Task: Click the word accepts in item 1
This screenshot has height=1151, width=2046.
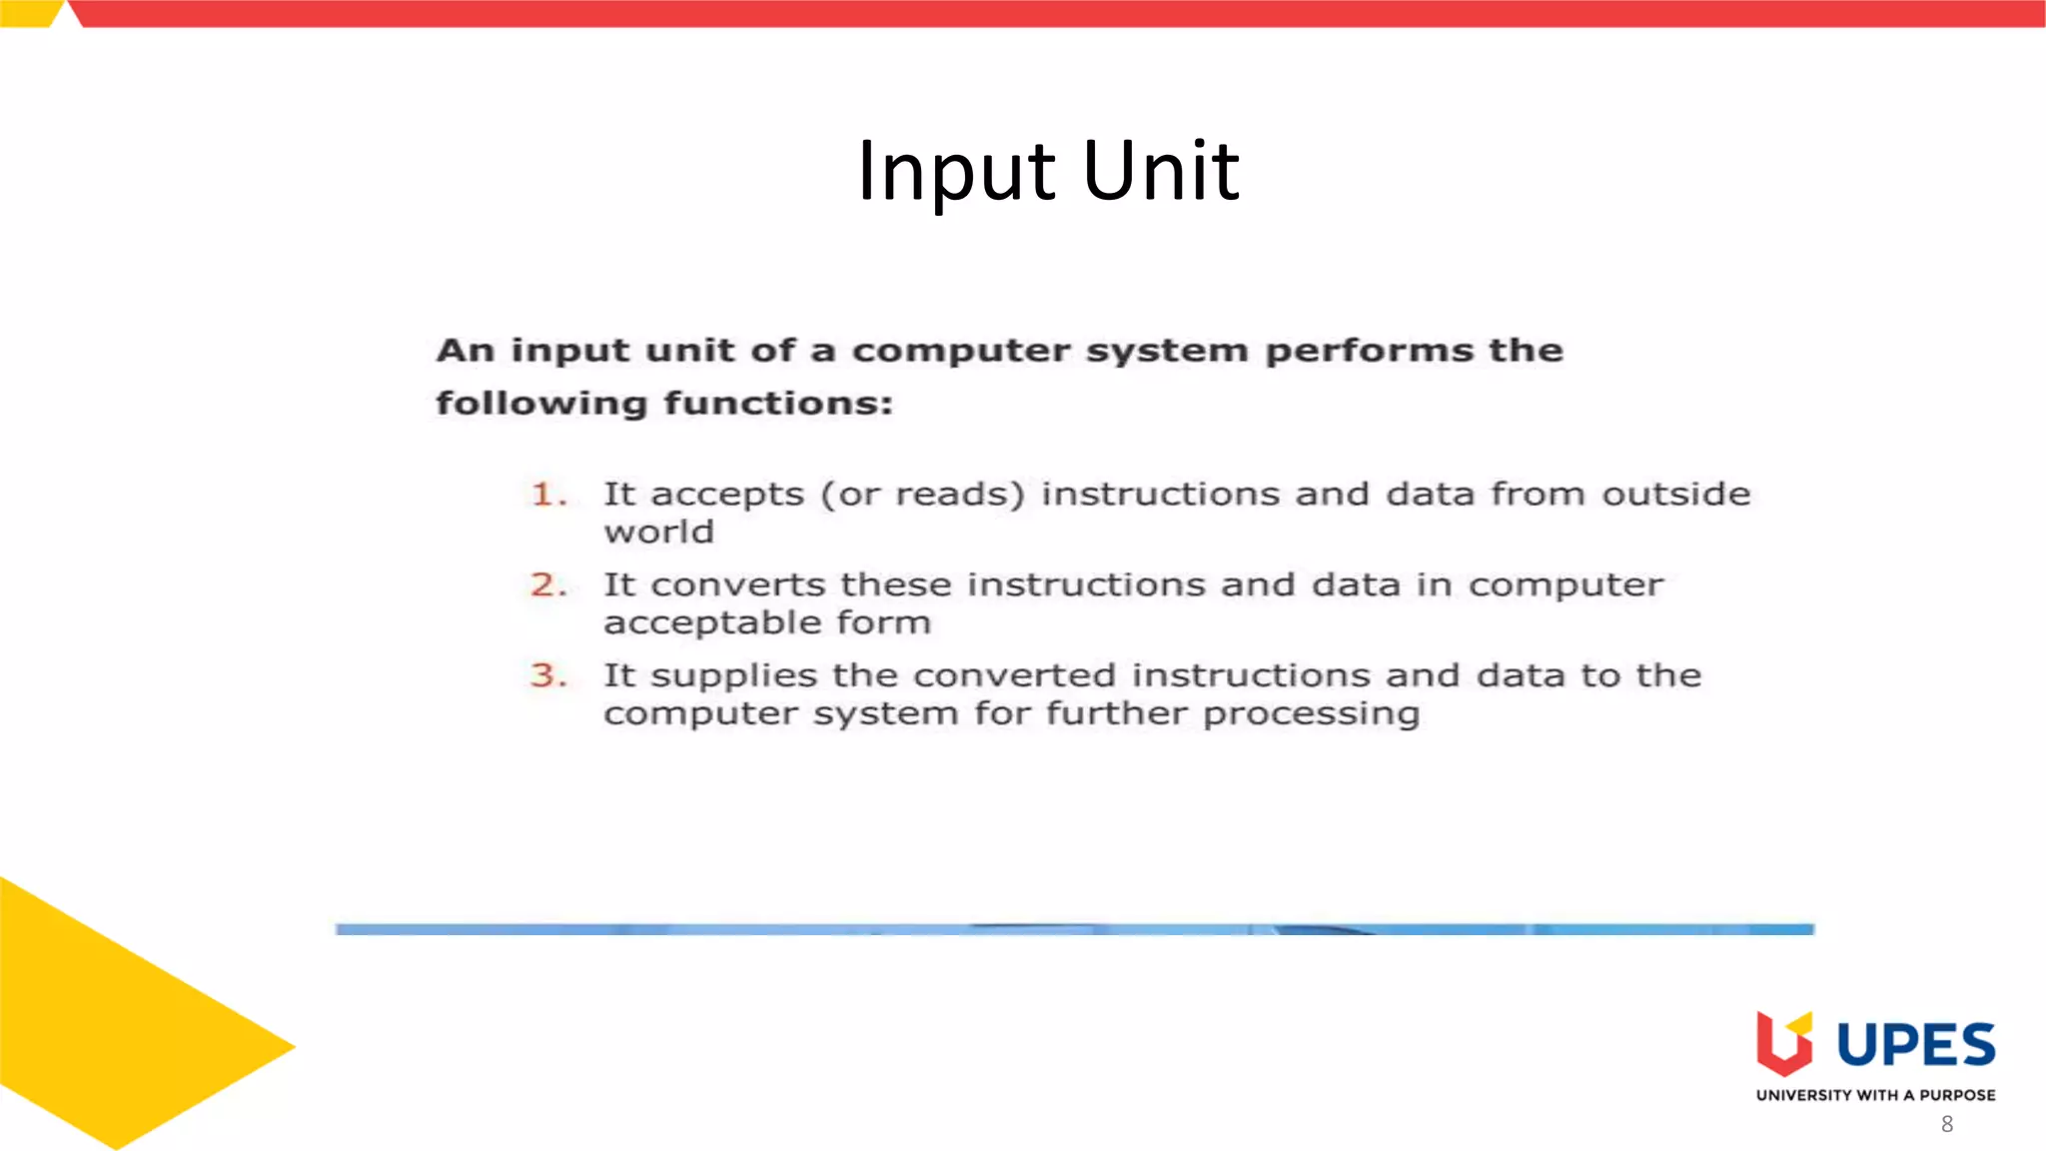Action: point(727,495)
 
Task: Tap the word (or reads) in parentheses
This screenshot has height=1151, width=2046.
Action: point(923,495)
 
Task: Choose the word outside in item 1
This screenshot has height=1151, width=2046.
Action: point(1676,494)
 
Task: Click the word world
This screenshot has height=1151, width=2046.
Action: point(658,533)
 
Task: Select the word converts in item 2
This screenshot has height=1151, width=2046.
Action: point(738,584)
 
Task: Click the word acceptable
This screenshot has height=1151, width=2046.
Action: point(711,623)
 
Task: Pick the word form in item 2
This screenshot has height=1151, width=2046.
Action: point(884,622)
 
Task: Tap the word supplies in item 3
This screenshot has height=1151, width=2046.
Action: point(734,676)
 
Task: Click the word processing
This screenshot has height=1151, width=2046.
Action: point(1311,714)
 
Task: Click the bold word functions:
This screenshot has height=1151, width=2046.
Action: point(778,404)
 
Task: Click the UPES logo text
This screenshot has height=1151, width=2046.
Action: point(1915,1045)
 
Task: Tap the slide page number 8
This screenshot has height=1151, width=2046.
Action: point(1947,1124)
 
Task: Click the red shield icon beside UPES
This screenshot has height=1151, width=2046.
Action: point(1783,1043)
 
